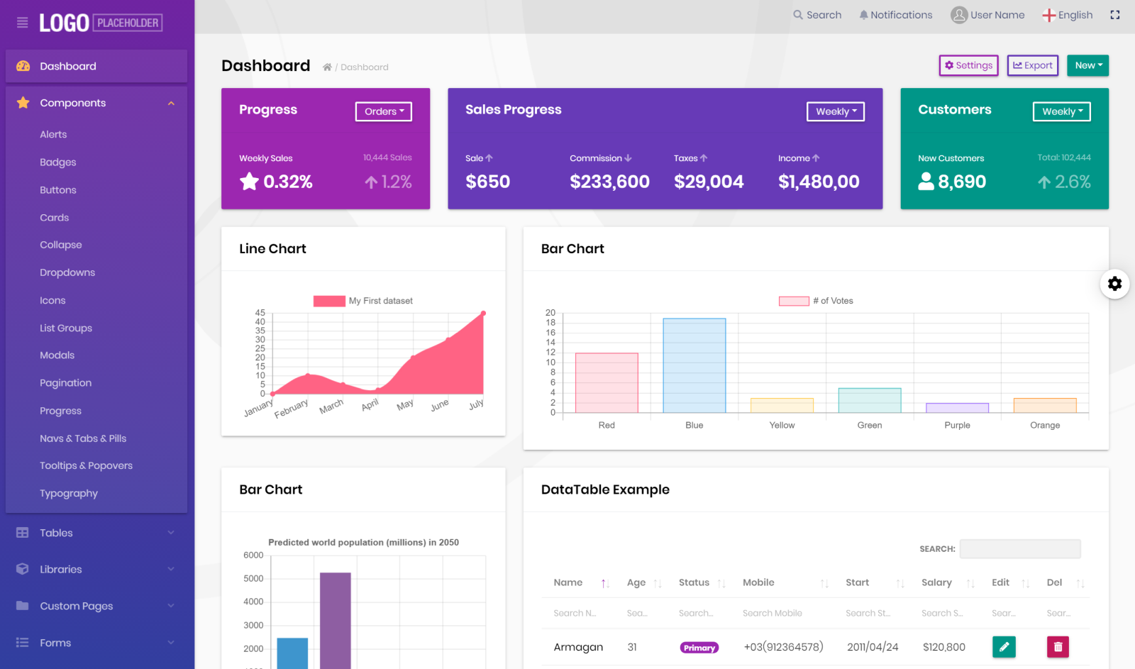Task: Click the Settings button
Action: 968,65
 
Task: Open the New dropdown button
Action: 1087,65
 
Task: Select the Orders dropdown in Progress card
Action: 383,111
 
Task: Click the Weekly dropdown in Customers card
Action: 1061,111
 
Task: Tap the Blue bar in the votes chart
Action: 694,365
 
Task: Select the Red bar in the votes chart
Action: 607,382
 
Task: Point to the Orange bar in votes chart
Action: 1045,406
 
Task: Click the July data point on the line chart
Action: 483,313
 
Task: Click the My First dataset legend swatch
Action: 329,301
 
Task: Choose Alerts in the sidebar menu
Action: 53,135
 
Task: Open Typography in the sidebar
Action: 69,494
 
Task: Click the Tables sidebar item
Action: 56,533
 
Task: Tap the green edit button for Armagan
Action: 1004,646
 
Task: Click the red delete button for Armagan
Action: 1058,646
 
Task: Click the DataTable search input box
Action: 1019,548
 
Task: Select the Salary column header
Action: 936,582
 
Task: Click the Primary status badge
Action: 699,648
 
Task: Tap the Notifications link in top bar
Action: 895,15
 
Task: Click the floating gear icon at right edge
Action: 1114,284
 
